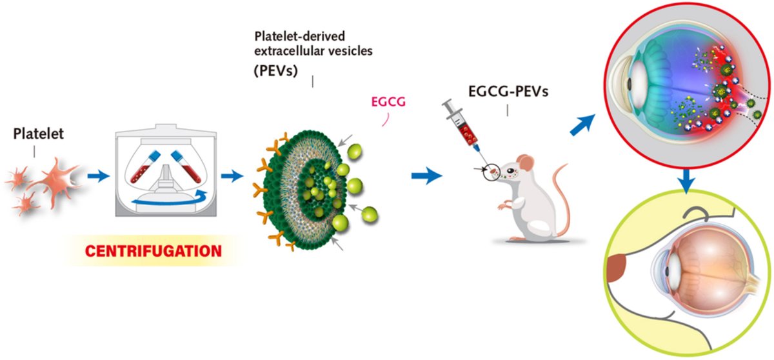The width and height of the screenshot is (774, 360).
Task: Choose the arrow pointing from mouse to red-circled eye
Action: (583, 125)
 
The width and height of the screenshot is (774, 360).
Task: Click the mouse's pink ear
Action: (525, 163)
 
